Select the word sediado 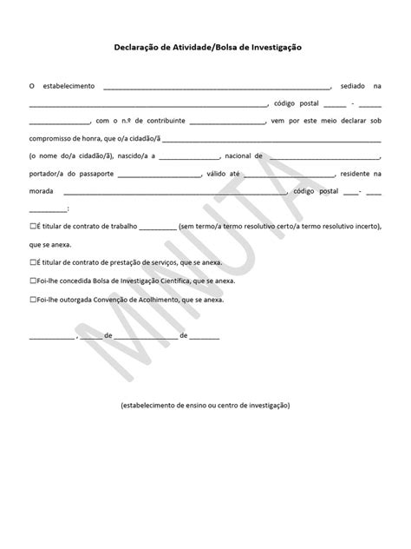pos(352,86)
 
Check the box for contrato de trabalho pos(32,226)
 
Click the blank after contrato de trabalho pos(157,227)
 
